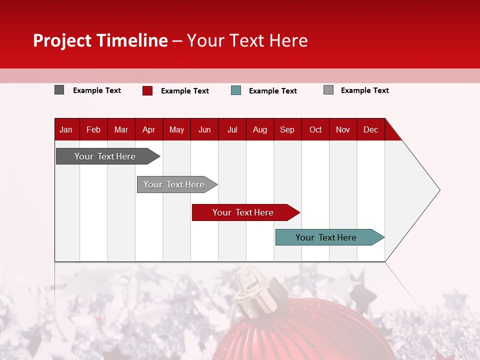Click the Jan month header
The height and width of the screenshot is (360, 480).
click(x=66, y=129)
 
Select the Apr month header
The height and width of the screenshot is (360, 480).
click(x=148, y=129)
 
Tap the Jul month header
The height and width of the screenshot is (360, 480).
click(x=232, y=129)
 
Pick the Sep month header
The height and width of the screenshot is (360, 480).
click(x=287, y=129)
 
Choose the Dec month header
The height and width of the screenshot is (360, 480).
click(x=370, y=129)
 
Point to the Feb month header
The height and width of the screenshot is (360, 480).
click(x=93, y=129)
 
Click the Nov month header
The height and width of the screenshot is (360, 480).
click(x=343, y=129)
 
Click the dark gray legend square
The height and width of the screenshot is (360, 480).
click(x=59, y=90)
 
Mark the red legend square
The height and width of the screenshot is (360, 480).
click(x=147, y=90)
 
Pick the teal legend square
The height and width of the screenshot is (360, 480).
click(x=236, y=90)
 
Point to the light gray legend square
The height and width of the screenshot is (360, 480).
click(x=328, y=90)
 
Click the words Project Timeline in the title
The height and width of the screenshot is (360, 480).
click(x=100, y=40)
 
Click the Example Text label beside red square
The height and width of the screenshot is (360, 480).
click(x=185, y=91)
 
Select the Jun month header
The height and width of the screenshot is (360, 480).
click(x=204, y=129)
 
